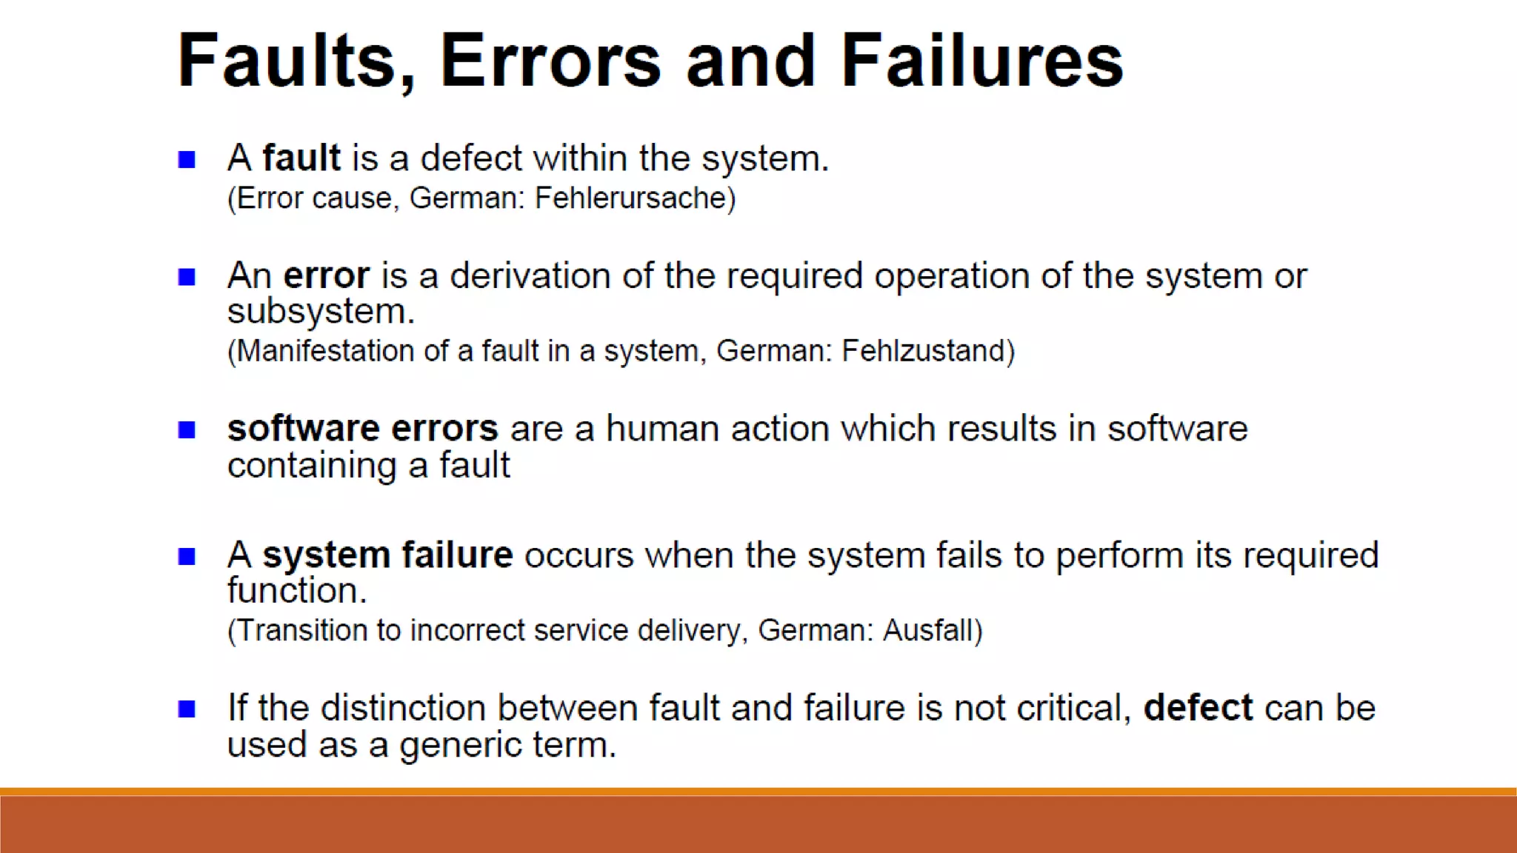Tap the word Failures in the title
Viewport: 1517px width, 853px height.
[982, 61]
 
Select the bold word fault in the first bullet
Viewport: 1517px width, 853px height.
[301, 158]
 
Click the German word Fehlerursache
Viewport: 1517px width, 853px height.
[635, 198]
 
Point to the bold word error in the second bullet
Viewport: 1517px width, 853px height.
[326, 275]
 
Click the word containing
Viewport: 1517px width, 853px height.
[312, 466]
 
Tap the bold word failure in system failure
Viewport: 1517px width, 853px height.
[457, 555]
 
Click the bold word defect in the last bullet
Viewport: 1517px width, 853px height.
[1198, 707]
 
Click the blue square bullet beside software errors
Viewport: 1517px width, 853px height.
[187, 429]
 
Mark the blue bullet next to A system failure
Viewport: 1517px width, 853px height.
[187, 556]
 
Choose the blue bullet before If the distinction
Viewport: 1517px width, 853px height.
[187, 709]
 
